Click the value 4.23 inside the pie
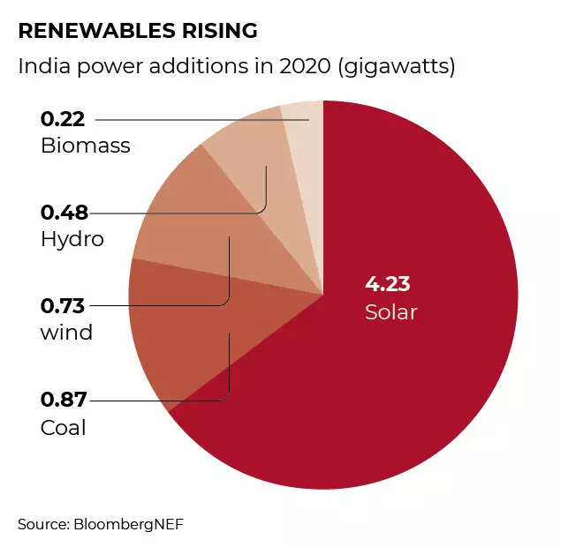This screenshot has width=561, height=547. click(x=388, y=284)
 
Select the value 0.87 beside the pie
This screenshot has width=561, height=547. click(x=63, y=399)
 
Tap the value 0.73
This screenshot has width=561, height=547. click(x=63, y=305)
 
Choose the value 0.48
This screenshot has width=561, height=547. click(x=63, y=212)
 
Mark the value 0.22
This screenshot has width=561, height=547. click(x=63, y=118)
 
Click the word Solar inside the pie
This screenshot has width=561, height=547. click(x=390, y=312)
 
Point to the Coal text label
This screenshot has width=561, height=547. click(x=64, y=428)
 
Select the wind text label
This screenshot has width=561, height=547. click(x=66, y=334)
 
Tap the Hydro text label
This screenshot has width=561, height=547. click(x=72, y=240)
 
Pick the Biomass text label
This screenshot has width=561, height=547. click(x=86, y=146)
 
